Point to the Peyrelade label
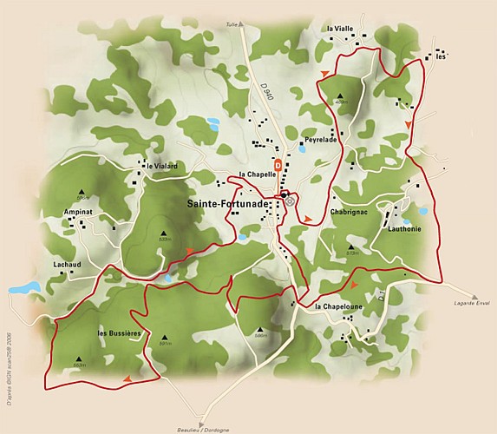pos(318,140)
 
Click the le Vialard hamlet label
pos(162,165)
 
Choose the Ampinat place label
pos(79,211)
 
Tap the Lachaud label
pos(66,264)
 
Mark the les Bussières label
pos(120,333)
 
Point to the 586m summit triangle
pos(258,325)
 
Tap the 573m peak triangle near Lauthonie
pos(352,246)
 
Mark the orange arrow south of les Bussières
pos(128,378)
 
